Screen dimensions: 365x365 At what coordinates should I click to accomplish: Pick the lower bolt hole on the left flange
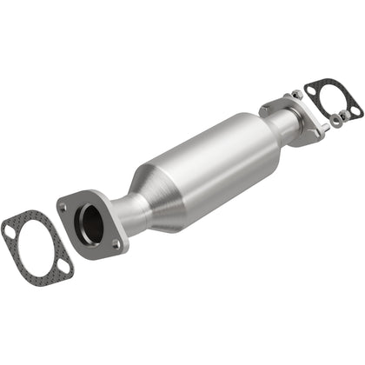point(116,245)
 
